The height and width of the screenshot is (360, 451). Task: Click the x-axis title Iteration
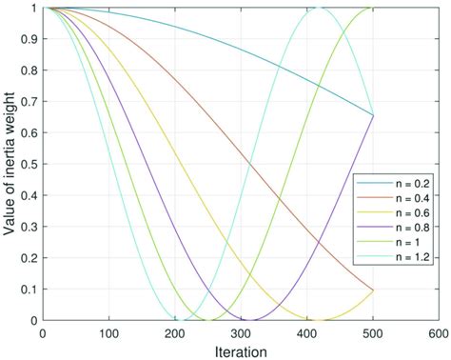pyautogui.click(x=241, y=350)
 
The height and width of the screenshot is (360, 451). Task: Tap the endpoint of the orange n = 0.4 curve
pyautogui.click(x=373, y=290)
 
